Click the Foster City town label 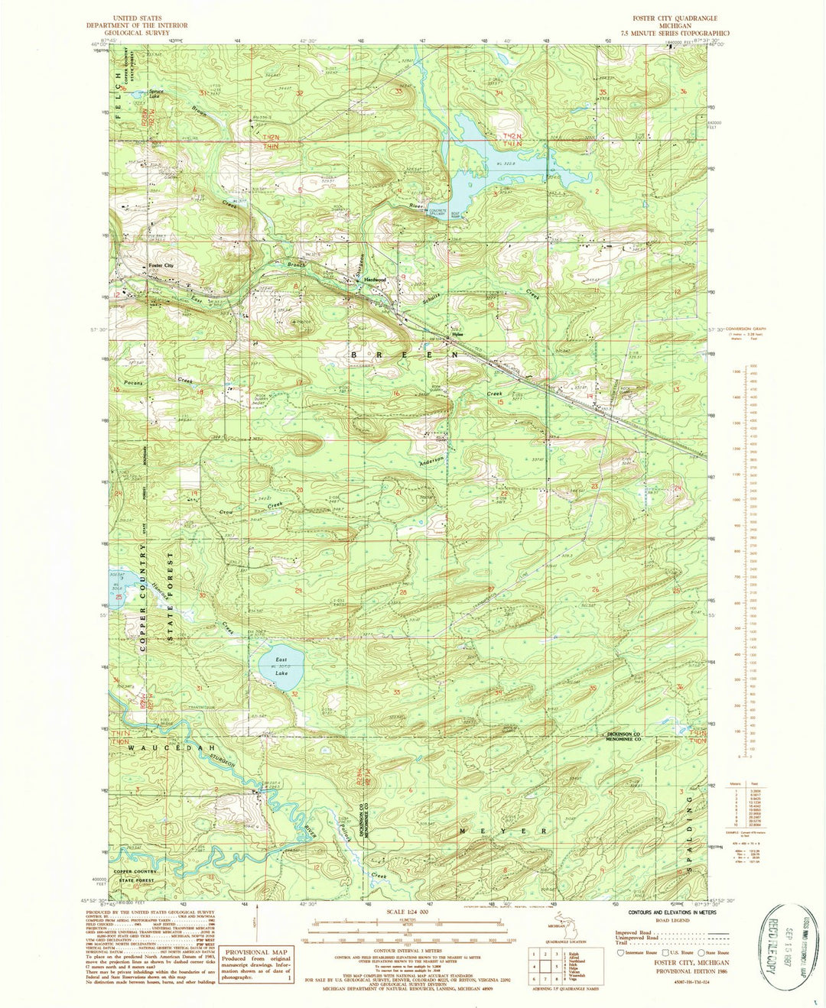point(161,265)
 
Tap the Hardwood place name point(375,280)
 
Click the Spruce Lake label point(156,95)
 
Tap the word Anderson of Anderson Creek point(431,461)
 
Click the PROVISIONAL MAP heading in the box point(256,950)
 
